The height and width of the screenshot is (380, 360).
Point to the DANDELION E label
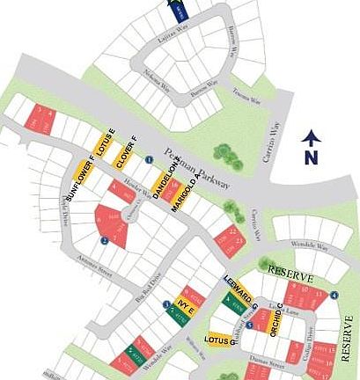point(161,179)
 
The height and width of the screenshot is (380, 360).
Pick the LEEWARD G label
point(238,290)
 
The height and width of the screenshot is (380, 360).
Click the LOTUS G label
point(218,339)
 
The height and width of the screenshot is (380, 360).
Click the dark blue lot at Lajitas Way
point(179,11)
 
